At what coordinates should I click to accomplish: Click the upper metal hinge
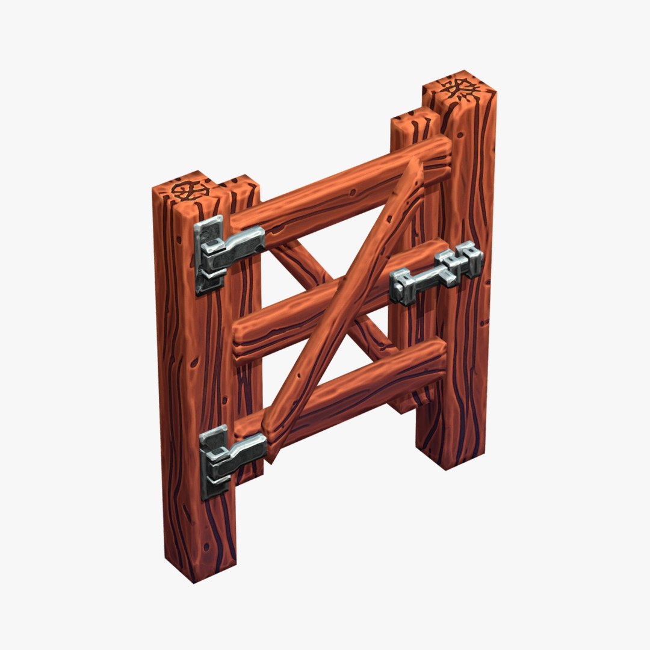[226, 253]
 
